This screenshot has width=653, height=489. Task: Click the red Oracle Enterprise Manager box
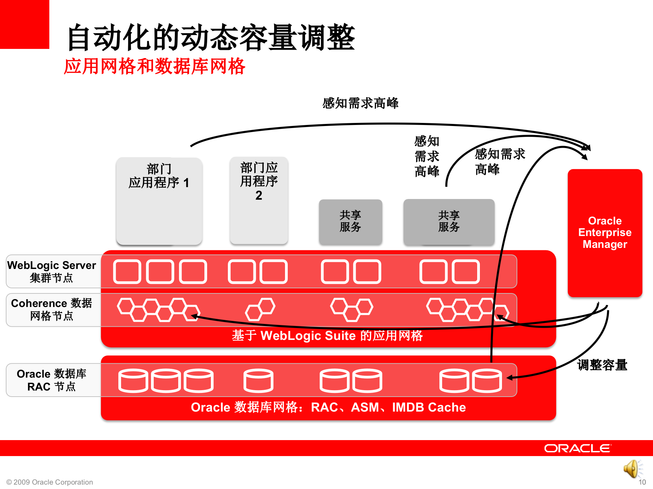[x=605, y=233]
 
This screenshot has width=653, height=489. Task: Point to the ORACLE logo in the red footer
[x=577, y=448]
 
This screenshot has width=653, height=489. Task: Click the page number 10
[x=642, y=482]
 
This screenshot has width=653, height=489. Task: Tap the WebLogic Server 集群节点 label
[x=52, y=271]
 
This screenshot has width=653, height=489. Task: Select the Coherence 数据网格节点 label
[x=52, y=310]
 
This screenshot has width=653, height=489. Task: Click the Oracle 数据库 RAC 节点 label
[x=52, y=380]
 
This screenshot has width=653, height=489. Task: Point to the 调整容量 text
[x=602, y=365]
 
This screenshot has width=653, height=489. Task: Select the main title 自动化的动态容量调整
[x=211, y=37]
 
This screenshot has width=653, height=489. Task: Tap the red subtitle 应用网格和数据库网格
[x=155, y=66]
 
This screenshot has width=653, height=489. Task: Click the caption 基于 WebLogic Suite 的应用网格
[x=327, y=336]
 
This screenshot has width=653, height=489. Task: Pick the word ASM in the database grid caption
[x=365, y=407]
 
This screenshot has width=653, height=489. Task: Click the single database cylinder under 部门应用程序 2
[x=258, y=380]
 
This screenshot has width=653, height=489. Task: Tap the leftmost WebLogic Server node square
[x=127, y=272]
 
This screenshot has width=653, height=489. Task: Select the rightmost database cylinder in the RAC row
[x=487, y=380]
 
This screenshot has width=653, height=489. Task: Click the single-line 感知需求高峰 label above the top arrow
[x=361, y=103]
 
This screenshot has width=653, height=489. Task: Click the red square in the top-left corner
[x=24, y=24]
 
